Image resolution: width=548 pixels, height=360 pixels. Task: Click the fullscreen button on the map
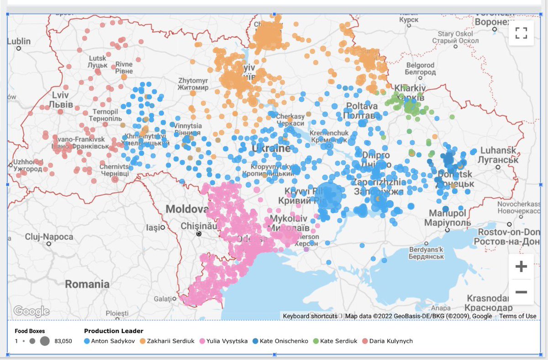(x=521, y=33)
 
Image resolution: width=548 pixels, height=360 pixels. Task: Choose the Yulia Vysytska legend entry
(x=227, y=341)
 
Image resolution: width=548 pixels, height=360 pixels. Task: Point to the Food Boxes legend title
(x=30, y=331)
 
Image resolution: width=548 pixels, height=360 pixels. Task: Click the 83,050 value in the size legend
(x=63, y=341)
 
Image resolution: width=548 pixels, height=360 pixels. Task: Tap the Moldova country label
(x=187, y=209)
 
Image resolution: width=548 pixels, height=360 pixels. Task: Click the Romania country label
(x=87, y=284)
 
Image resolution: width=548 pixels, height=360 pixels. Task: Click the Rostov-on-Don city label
(x=509, y=232)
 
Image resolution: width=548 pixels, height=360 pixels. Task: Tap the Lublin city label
(x=19, y=42)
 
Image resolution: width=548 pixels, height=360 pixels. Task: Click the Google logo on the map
(x=31, y=311)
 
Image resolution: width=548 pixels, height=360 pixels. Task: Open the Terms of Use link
(x=517, y=316)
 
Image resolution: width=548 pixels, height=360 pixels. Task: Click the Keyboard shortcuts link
(x=310, y=316)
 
